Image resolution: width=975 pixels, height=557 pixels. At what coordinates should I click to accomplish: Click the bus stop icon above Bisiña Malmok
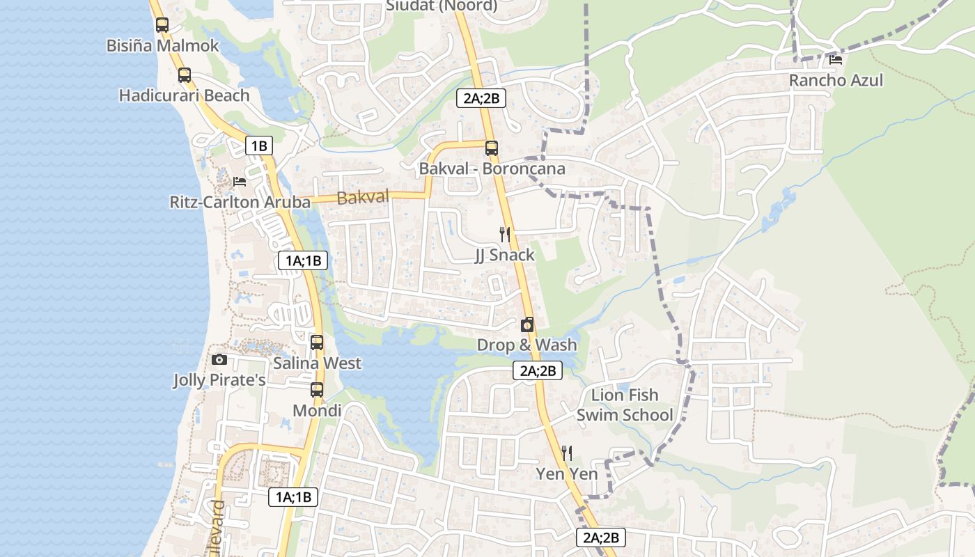point(162,25)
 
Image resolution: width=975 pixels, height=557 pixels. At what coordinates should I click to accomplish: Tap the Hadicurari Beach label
point(184,95)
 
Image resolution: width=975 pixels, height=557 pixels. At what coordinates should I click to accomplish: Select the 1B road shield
point(258,146)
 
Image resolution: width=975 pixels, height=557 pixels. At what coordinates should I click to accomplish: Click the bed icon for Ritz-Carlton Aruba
point(240,182)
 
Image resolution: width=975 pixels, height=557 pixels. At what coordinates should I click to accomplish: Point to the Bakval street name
point(362,198)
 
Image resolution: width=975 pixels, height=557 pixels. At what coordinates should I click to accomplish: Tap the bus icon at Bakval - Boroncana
point(492,148)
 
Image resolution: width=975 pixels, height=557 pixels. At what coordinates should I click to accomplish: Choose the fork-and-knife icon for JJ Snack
point(505,234)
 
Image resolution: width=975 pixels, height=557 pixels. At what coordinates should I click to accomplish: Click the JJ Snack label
point(505,255)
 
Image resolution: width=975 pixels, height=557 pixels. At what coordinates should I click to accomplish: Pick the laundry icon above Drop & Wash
point(527,324)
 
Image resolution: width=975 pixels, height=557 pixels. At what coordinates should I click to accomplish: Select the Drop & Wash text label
point(526,345)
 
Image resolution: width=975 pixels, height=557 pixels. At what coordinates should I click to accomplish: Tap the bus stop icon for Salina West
point(317,342)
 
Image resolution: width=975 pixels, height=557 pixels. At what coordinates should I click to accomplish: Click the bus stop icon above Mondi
point(317,389)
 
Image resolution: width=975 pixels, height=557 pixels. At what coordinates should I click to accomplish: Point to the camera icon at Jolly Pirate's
point(219,359)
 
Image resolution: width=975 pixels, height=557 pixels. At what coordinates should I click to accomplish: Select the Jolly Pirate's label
point(219,380)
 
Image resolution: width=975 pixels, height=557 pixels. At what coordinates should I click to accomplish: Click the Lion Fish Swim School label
point(625,405)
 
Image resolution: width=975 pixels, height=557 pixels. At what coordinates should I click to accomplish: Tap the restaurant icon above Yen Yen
point(567,453)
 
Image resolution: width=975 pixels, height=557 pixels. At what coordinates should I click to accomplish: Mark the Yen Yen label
point(567,474)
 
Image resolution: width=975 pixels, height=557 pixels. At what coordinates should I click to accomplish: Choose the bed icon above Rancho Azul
point(836,59)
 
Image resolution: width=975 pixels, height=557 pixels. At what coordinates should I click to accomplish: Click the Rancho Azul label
point(836,80)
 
